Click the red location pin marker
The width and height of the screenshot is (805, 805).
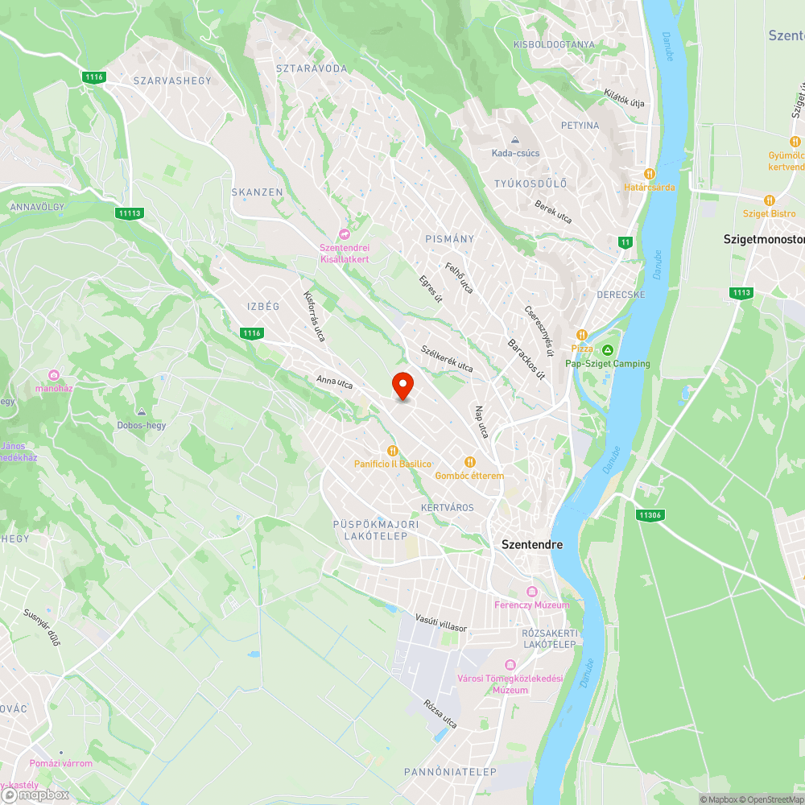click(402, 386)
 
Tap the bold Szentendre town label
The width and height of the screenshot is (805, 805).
click(532, 544)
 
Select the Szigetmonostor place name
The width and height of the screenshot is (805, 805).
click(763, 240)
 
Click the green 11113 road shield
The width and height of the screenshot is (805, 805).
click(129, 213)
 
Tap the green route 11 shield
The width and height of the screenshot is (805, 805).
click(625, 242)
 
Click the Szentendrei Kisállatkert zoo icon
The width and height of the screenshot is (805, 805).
click(345, 234)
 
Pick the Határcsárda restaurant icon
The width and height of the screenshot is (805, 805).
click(649, 173)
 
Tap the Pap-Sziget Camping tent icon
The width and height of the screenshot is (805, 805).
click(607, 349)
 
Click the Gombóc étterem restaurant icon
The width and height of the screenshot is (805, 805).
click(469, 462)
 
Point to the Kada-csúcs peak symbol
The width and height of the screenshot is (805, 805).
click(515, 140)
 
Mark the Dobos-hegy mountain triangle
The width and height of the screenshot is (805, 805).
click(142, 411)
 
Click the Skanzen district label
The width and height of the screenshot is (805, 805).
click(257, 192)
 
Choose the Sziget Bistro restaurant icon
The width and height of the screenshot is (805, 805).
click(770, 200)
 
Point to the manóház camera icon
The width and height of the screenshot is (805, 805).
click(54, 375)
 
